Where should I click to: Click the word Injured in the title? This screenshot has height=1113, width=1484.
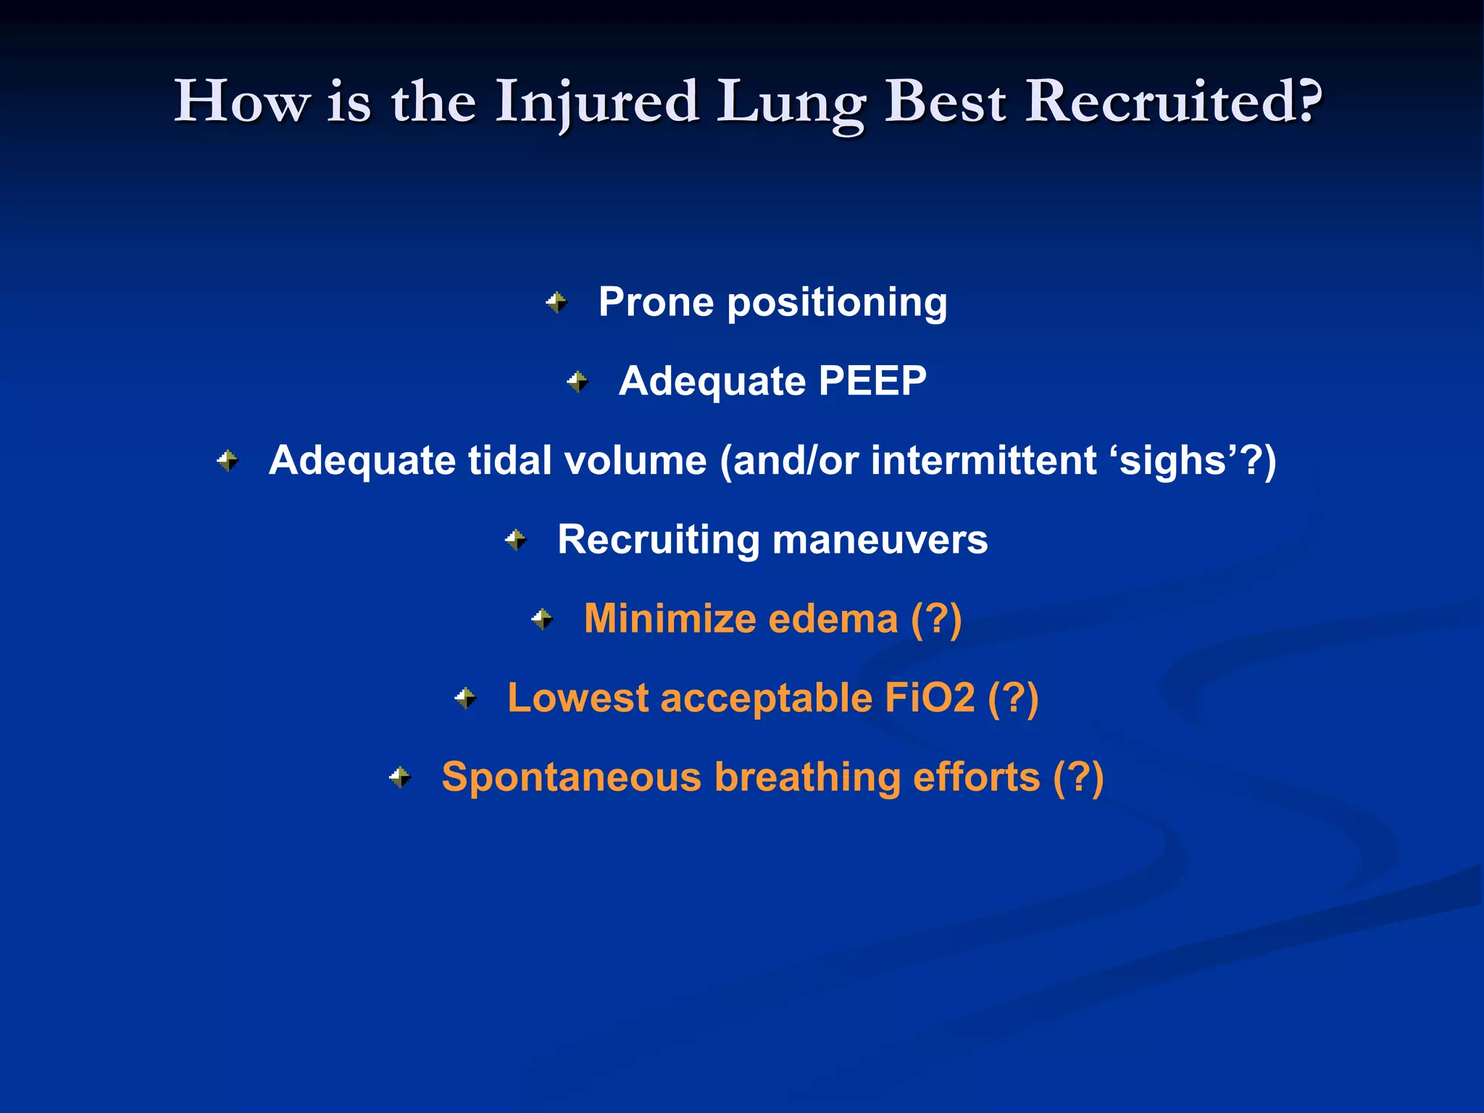[x=597, y=102]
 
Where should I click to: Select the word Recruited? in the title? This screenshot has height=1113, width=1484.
[x=1175, y=102]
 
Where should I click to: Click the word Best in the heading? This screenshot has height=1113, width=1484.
[x=946, y=102]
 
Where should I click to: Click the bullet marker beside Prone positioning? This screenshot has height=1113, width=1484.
[x=556, y=302]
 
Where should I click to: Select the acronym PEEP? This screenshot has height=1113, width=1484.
[x=872, y=380]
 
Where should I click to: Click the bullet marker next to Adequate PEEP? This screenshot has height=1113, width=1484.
[x=578, y=381]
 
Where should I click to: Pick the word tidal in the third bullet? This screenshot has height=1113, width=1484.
[x=510, y=460]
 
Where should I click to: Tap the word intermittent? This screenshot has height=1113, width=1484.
[x=984, y=460]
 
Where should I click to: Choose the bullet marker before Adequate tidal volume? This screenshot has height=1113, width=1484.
[x=228, y=460]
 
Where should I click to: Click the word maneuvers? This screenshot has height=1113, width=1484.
[x=880, y=540]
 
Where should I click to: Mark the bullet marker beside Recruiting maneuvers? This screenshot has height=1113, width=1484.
[x=516, y=540]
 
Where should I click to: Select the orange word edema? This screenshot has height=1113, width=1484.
[x=833, y=619]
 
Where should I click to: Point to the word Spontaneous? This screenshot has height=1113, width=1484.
[x=572, y=778]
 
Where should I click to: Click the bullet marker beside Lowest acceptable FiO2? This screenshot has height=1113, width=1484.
[x=465, y=699]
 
